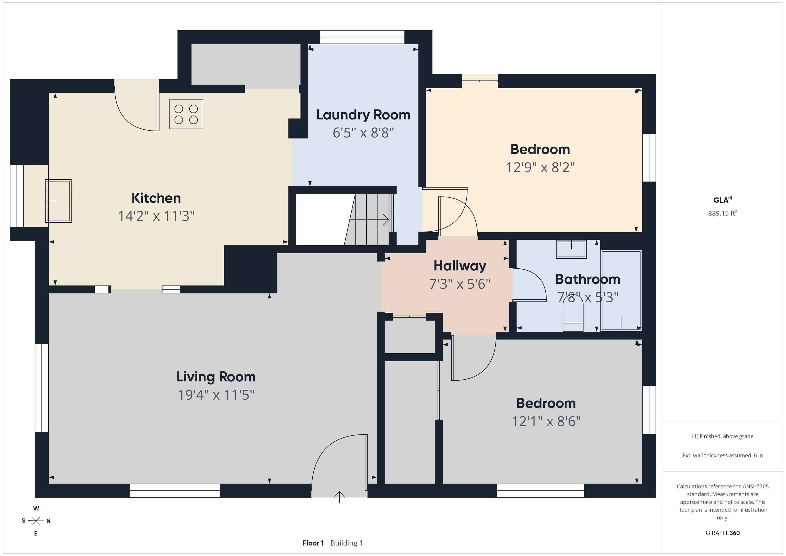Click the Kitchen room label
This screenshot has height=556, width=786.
(156, 198)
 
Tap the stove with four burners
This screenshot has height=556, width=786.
(186, 114)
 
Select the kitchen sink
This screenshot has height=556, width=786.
(58, 201)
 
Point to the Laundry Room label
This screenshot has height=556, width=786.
(363, 115)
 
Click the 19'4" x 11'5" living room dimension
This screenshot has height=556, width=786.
(216, 395)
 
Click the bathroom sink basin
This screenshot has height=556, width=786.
(571, 249)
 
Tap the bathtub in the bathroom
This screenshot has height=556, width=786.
(621, 291)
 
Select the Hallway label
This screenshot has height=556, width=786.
(460, 266)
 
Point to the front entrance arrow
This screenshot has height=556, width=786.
(339, 497)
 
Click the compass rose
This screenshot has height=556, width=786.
(36, 521)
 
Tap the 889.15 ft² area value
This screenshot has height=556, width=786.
(723, 213)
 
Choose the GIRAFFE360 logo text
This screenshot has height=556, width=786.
(723, 533)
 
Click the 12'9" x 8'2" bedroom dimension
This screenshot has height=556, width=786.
(540, 167)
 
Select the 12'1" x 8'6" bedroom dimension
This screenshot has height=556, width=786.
(546, 421)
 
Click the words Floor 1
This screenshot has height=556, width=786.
(313, 543)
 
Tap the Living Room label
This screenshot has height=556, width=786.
(216, 377)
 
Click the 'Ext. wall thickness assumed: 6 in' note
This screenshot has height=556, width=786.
(723, 455)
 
